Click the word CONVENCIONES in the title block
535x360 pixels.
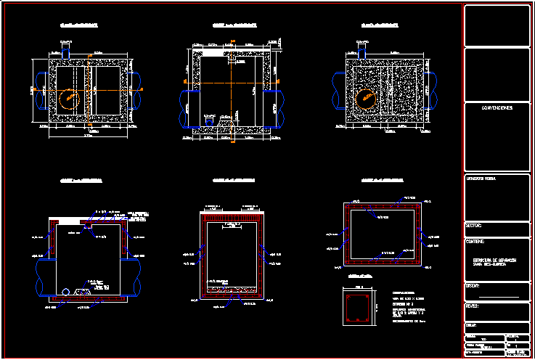(x=497, y=107)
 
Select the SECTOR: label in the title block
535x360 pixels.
(x=474, y=226)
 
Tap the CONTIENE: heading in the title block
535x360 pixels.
(x=476, y=241)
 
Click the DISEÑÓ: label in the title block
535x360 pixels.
(x=473, y=285)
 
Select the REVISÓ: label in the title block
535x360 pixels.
(x=473, y=306)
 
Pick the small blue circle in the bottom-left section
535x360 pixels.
(x=66, y=292)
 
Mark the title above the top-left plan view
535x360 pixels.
(x=79, y=25)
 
